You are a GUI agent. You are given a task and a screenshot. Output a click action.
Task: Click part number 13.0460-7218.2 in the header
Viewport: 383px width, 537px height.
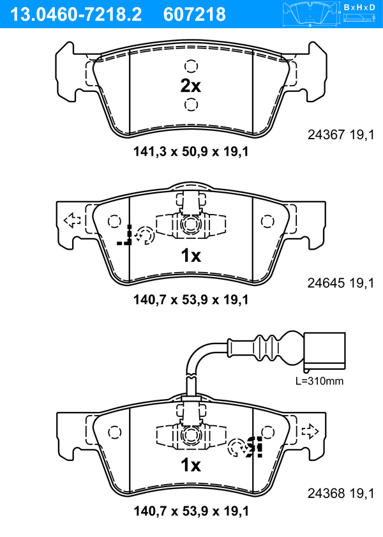click(76, 15)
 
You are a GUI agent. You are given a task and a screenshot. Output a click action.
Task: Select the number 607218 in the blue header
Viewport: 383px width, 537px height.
click(195, 15)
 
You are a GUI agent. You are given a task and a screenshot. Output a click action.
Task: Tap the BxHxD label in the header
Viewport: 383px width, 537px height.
click(359, 7)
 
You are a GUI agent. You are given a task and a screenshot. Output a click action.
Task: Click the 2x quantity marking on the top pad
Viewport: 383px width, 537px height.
click(191, 86)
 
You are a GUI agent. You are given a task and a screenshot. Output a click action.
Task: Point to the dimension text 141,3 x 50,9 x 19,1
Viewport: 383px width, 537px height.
click(191, 151)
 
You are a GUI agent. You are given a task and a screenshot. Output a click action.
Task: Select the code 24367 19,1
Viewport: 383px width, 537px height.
click(341, 135)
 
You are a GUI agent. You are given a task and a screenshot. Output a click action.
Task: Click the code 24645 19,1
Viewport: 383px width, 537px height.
click(341, 283)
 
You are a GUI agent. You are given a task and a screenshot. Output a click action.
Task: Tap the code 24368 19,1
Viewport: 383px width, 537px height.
click(341, 493)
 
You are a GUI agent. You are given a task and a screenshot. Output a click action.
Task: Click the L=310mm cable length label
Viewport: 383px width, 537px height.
click(319, 381)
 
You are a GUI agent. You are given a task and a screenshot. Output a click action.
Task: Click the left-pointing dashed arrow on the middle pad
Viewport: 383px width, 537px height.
click(72, 220)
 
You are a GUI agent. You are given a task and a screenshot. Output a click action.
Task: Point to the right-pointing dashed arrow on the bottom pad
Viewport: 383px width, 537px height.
click(310, 431)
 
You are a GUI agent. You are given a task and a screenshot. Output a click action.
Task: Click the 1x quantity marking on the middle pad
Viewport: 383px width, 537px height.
click(191, 255)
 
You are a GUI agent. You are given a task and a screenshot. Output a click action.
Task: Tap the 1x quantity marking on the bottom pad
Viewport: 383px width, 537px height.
click(191, 465)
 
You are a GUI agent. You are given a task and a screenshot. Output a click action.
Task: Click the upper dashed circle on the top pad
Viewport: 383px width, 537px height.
click(191, 66)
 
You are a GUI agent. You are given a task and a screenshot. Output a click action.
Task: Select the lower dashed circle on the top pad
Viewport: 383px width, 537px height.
click(191, 104)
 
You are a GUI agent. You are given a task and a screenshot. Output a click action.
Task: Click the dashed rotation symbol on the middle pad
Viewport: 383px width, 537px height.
click(146, 235)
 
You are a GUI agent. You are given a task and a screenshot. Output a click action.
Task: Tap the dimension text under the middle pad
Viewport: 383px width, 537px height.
click(191, 299)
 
